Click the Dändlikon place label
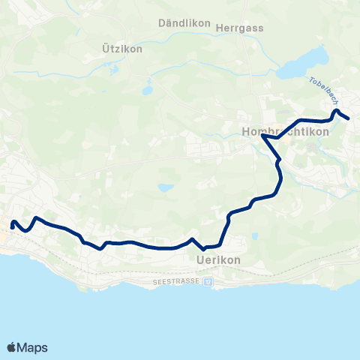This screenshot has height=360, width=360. point(176,23)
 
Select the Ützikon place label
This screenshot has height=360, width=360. point(121,48)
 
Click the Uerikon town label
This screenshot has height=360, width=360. point(218,259)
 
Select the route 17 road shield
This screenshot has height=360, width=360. point(208,281)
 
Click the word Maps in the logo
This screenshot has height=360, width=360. point(32,347)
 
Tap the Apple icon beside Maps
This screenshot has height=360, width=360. point(11,346)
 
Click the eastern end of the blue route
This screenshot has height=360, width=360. point(349,118)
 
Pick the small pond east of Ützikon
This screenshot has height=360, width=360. point(148,91)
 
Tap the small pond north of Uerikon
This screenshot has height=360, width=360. point(166,187)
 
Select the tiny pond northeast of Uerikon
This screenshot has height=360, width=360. point(254,236)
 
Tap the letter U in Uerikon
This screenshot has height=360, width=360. point(199,259)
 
